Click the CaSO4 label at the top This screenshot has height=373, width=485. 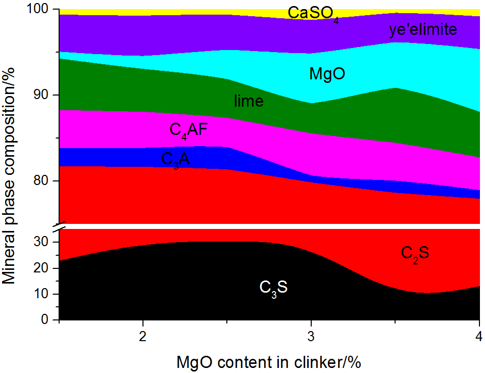coord(313,13)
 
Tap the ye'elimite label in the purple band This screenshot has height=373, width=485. coord(423,30)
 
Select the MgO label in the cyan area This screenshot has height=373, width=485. coord(327,74)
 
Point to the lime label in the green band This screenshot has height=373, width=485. coord(249,101)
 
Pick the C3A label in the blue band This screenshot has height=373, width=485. coord(176,160)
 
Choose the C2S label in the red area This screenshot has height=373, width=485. coord(415,253)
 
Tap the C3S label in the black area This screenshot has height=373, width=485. coord(273,288)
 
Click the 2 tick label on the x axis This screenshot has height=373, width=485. coord(143,336)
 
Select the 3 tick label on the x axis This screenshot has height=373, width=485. coord(311,336)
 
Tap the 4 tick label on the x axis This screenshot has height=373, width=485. coord(479,336)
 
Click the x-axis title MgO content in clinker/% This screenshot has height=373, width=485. coord(269,362)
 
